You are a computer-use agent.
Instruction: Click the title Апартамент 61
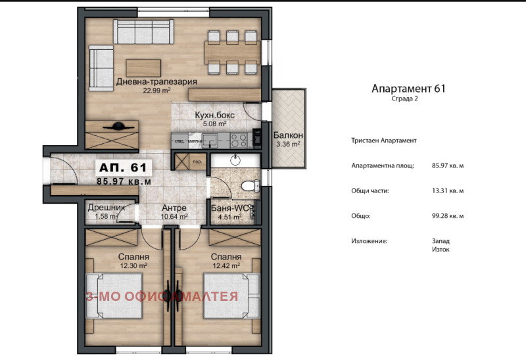[408, 88]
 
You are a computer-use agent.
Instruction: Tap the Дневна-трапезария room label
[156, 82]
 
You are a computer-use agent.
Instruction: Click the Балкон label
[287, 135]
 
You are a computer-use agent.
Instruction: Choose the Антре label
[174, 208]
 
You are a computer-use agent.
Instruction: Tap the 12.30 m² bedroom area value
[133, 265]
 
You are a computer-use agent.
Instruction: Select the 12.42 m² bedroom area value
[226, 265]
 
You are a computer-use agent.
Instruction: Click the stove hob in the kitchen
[239, 139]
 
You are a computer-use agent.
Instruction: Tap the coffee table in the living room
[143, 67]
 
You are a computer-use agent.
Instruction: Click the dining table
[228, 51]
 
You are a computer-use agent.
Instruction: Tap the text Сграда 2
[404, 99]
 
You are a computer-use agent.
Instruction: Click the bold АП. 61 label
[124, 167]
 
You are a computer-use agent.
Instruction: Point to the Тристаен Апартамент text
[385, 141]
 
